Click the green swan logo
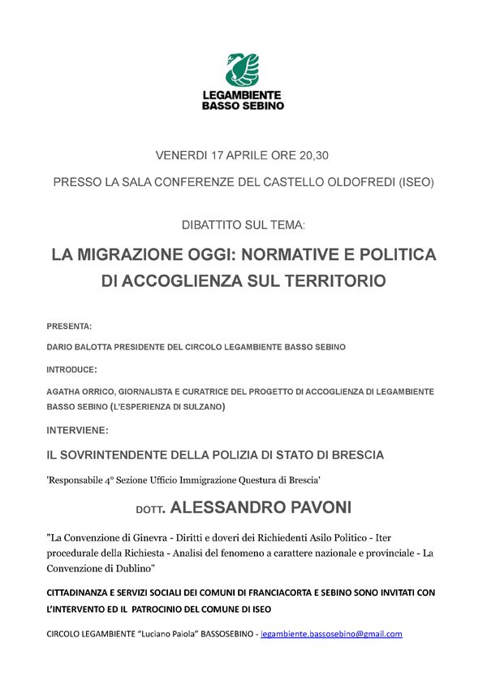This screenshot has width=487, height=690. (243, 69)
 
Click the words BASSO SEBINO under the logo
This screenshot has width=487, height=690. (243, 106)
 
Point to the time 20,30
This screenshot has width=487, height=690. (312, 155)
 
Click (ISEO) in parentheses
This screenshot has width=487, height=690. (415, 182)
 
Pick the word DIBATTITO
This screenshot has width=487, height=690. (214, 223)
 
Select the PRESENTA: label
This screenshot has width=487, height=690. (69, 327)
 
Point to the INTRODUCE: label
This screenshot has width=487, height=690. (72, 369)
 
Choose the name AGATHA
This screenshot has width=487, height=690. (66, 392)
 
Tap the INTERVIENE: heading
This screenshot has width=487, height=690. (77, 428)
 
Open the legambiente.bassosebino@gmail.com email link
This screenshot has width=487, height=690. (331, 634)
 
